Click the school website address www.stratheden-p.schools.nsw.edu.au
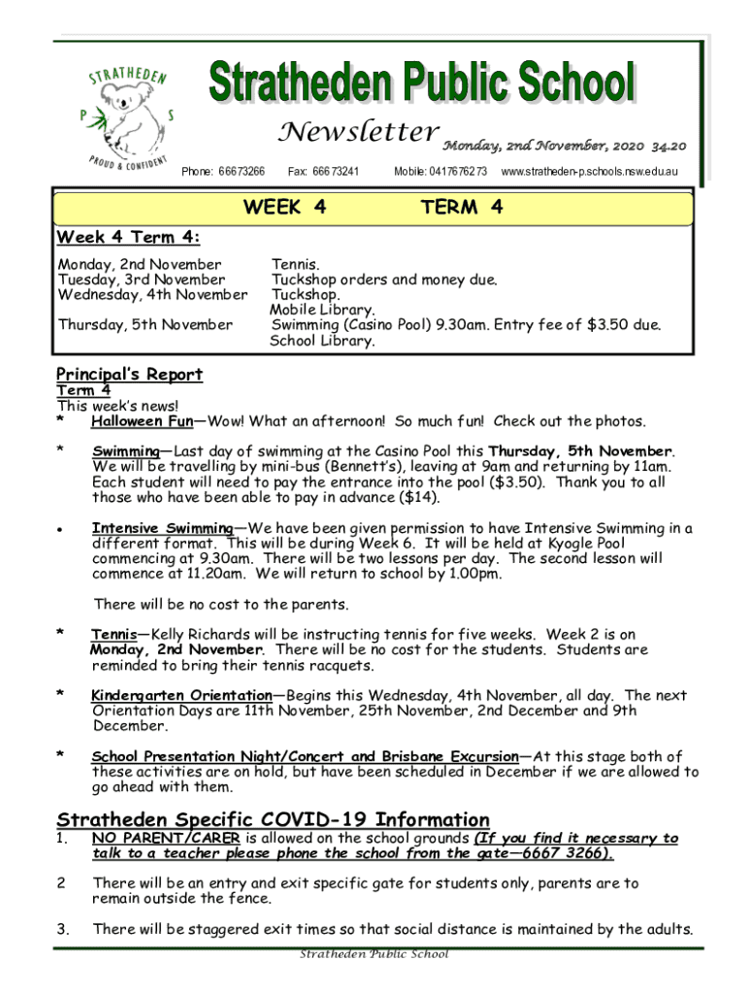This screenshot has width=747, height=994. coord(589,172)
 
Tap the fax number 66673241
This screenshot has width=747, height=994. coord(324,172)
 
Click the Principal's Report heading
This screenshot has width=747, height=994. coord(129,375)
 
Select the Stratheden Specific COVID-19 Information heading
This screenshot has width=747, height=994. coord(273,819)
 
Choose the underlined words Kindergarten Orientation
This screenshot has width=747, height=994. coord(181,695)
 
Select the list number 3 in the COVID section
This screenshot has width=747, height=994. coord(61,929)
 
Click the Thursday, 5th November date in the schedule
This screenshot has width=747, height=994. coord(146,324)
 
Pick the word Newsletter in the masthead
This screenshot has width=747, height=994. coord(356,133)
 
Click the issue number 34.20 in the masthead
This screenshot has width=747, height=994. coord(668,147)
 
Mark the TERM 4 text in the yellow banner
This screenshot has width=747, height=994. coord(462,207)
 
